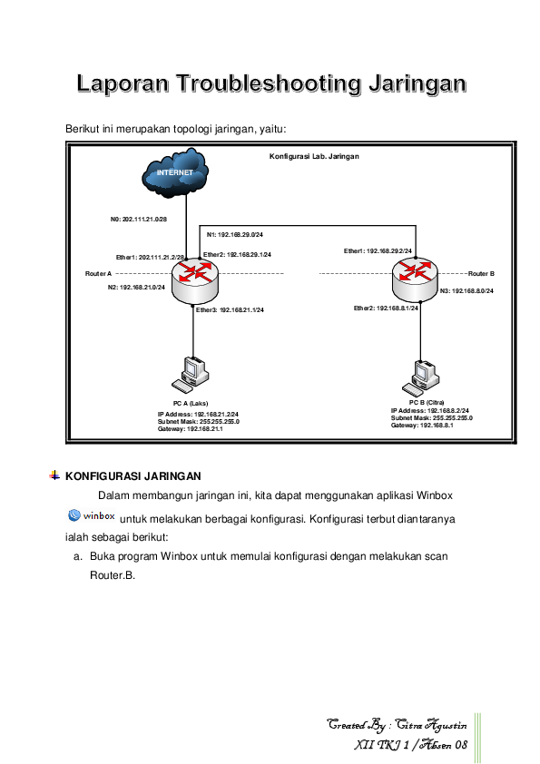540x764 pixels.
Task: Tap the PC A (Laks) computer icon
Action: click(x=192, y=373)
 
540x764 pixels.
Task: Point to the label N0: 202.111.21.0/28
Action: click(x=139, y=219)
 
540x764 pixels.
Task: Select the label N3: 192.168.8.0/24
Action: click(x=466, y=291)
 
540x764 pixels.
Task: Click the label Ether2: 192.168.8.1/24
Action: click(x=386, y=309)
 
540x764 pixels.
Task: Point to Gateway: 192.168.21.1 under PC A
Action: click(x=191, y=429)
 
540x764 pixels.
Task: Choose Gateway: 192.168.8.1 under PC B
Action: click(x=421, y=425)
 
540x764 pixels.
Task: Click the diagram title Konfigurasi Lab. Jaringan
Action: click(x=314, y=156)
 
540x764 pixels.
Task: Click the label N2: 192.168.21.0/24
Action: click(x=136, y=287)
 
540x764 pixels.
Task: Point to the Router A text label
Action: click(x=98, y=272)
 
